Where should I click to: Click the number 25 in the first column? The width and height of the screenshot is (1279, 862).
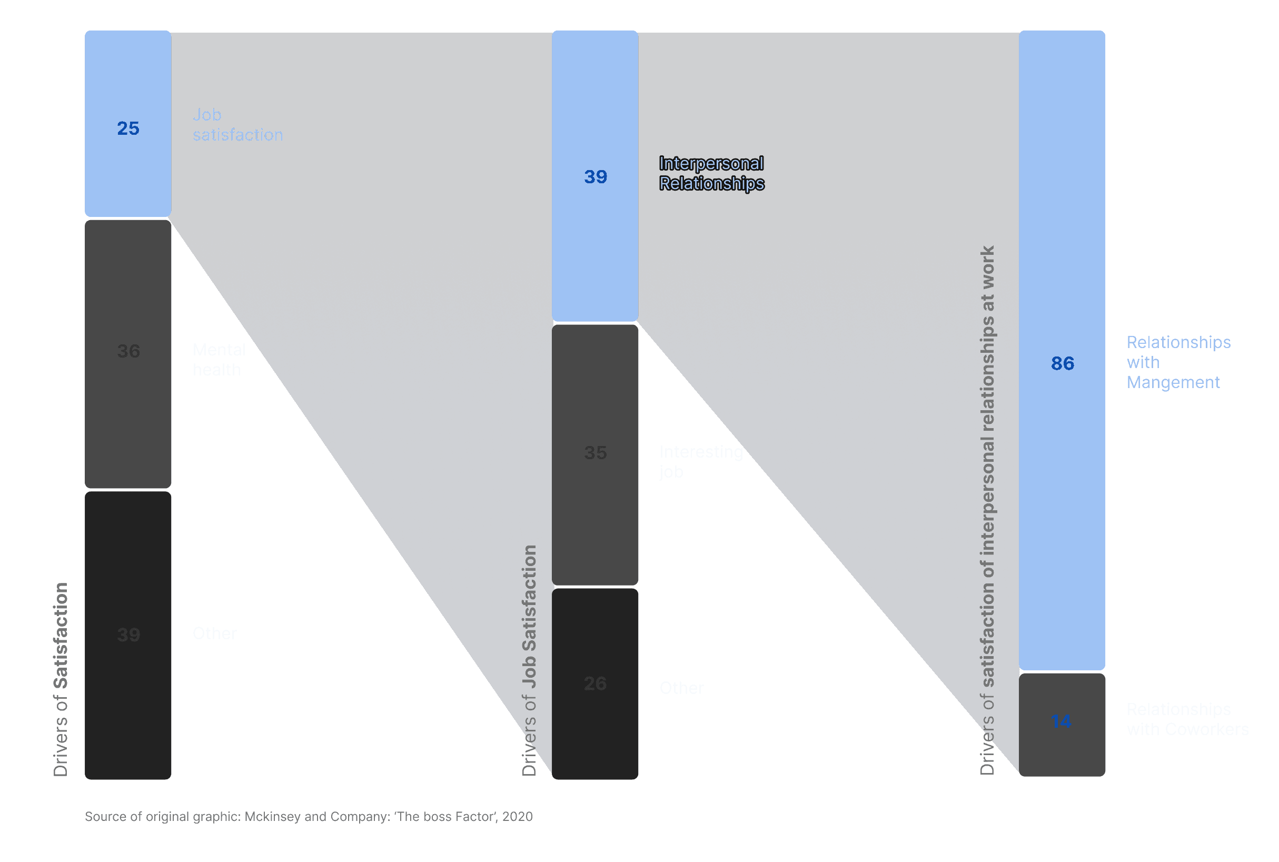[128, 128]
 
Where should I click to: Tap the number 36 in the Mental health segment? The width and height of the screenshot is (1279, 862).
[128, 351]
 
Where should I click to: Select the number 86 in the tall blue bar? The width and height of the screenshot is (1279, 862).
[1063, 363]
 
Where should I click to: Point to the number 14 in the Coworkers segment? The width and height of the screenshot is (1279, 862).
[1062, 721]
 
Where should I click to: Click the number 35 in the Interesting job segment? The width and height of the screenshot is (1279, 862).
[595, 453]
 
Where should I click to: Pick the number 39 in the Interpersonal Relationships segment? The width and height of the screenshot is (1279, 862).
[595, 177]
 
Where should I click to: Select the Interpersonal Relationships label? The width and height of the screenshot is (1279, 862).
[711, 173]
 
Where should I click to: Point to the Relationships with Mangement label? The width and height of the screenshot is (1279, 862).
[1178, 362]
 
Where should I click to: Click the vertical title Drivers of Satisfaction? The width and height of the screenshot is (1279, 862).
[61, 679]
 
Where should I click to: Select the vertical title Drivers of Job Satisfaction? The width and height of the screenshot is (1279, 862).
[529, 660]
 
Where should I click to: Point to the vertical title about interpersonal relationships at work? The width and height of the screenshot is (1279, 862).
[987, 510]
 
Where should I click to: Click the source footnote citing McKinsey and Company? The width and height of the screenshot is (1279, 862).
[309, 817]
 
